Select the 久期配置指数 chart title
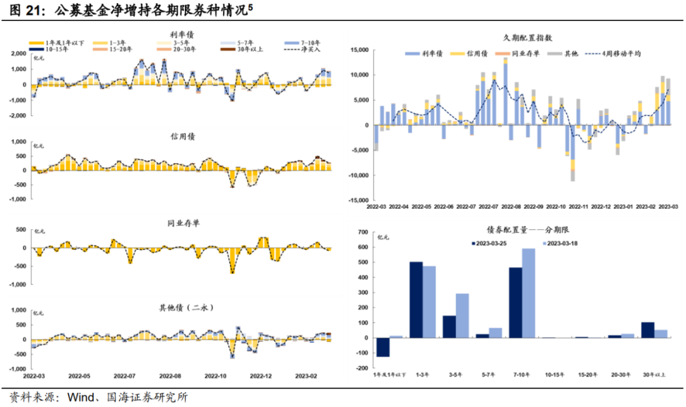tap(523, 39)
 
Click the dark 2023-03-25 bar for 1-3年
tap(416, 300)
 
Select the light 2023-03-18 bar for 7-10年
tap(528, 293)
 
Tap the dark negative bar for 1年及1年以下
tap(383, 347)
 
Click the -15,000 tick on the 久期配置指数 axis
tap(358, 201)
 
